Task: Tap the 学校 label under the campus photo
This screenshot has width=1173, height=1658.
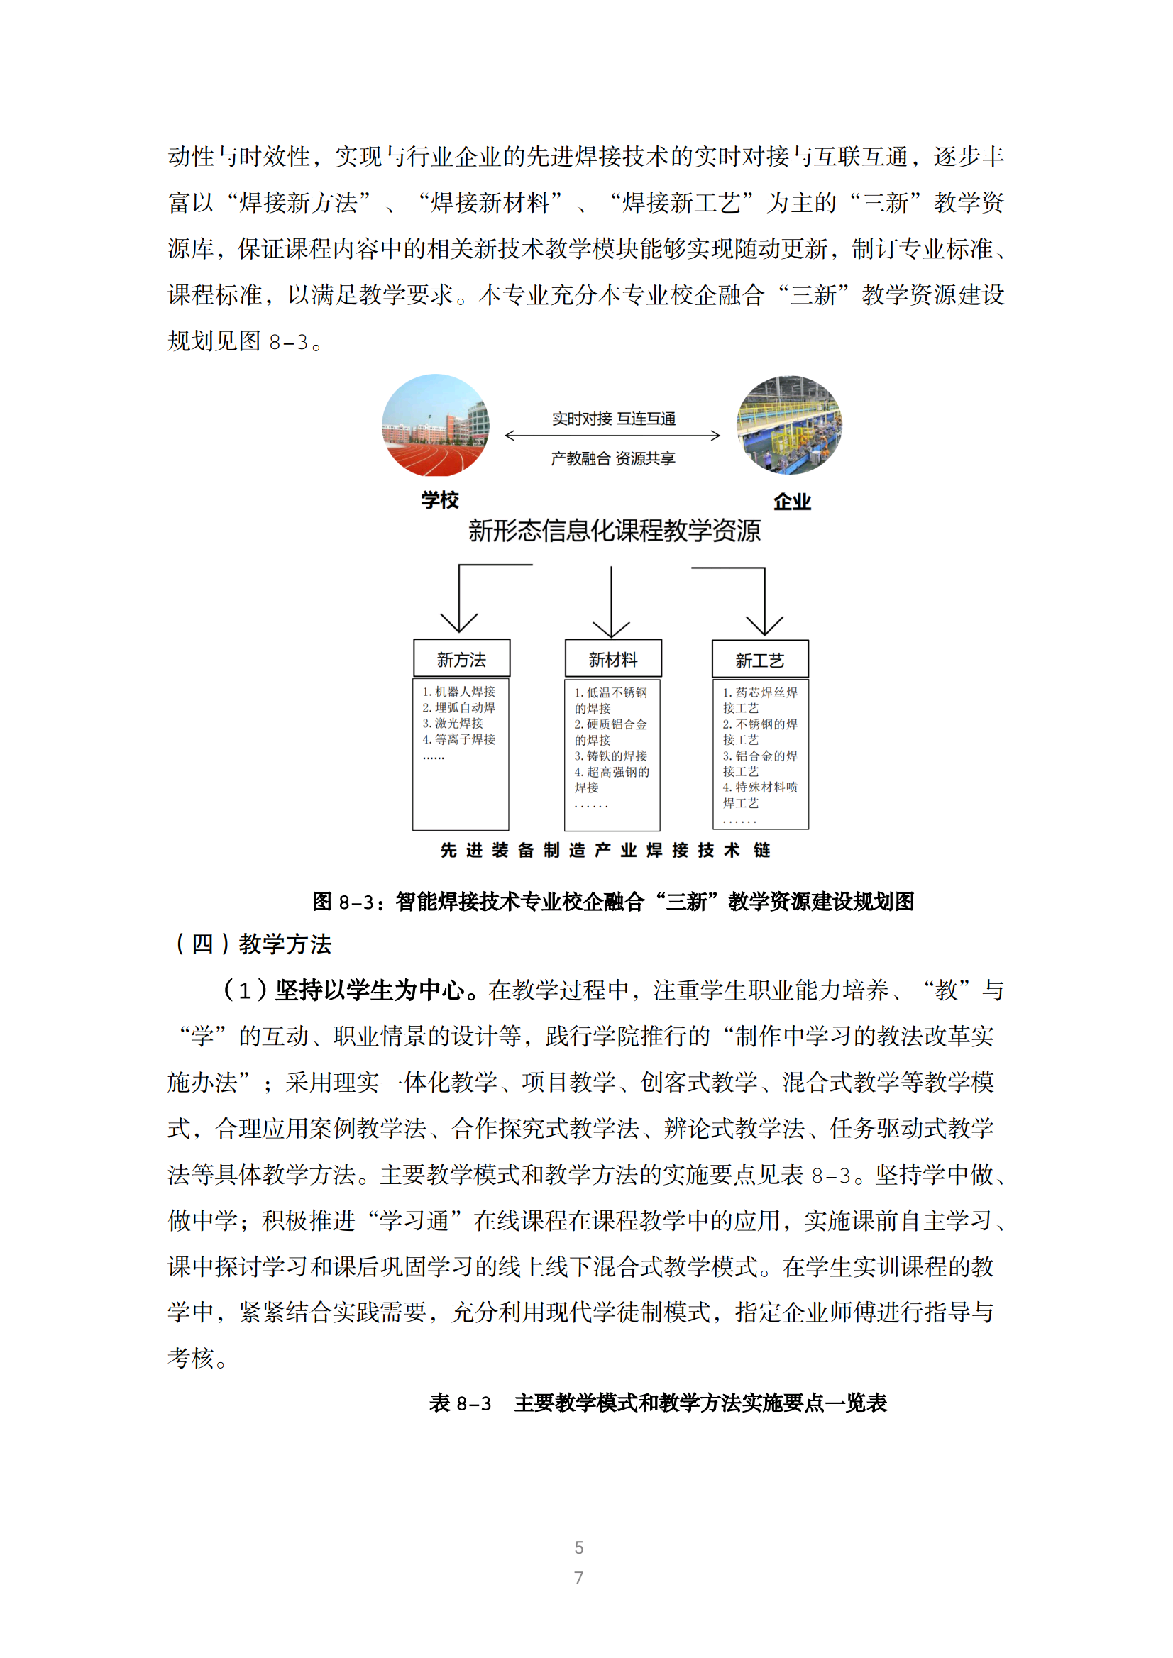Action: pos(440,499)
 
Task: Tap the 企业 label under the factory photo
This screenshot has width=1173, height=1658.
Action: pos(793,501)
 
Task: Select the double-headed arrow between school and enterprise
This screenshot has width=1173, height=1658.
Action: pos(612,436)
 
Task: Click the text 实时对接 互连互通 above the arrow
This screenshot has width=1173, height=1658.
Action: pos(613,419)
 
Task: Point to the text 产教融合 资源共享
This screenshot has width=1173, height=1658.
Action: pos(613,458)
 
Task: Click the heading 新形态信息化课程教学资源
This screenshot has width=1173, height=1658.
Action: pos(614,531)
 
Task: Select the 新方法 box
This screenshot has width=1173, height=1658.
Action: pos(461,658)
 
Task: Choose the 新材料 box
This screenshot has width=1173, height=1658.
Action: pos(613,658)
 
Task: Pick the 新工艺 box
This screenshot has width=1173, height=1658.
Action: pos(760,659)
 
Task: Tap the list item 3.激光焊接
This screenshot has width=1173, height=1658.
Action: pos(453,723)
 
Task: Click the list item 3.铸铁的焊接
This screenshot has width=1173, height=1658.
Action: pos(611,756)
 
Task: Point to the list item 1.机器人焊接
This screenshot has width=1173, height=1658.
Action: pos(459,691)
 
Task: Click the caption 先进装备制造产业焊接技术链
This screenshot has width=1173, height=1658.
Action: pos(605,850)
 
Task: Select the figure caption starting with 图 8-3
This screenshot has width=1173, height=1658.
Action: pos(613,901)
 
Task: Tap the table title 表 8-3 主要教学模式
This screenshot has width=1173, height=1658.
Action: pos(657,1403)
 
